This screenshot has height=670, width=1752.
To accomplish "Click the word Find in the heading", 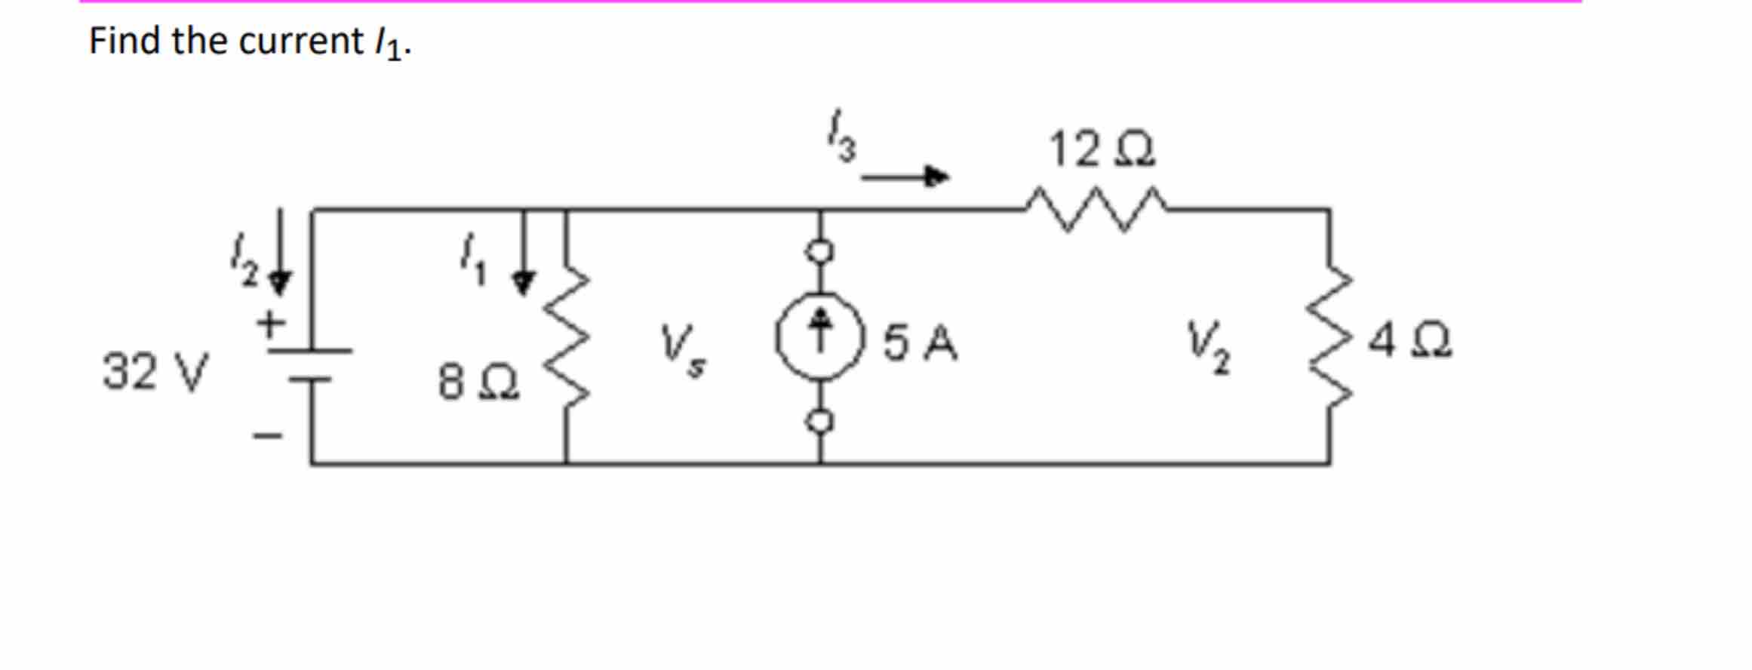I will (124, 41).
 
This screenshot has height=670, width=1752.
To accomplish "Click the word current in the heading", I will (301, 42).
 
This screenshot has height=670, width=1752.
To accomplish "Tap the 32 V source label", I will (155, 371).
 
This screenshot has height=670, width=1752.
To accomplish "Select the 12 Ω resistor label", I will (1101, 149).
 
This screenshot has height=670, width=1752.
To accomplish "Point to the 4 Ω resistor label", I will (1409, 341).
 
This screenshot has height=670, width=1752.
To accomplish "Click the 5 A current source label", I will (920, 343).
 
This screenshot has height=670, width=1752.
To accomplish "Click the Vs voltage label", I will (681, 349).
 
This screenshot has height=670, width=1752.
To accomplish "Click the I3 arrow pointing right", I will (905, 177).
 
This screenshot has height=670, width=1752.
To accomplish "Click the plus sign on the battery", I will (270, 325).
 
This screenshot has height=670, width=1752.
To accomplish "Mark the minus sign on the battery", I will (268, 435).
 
